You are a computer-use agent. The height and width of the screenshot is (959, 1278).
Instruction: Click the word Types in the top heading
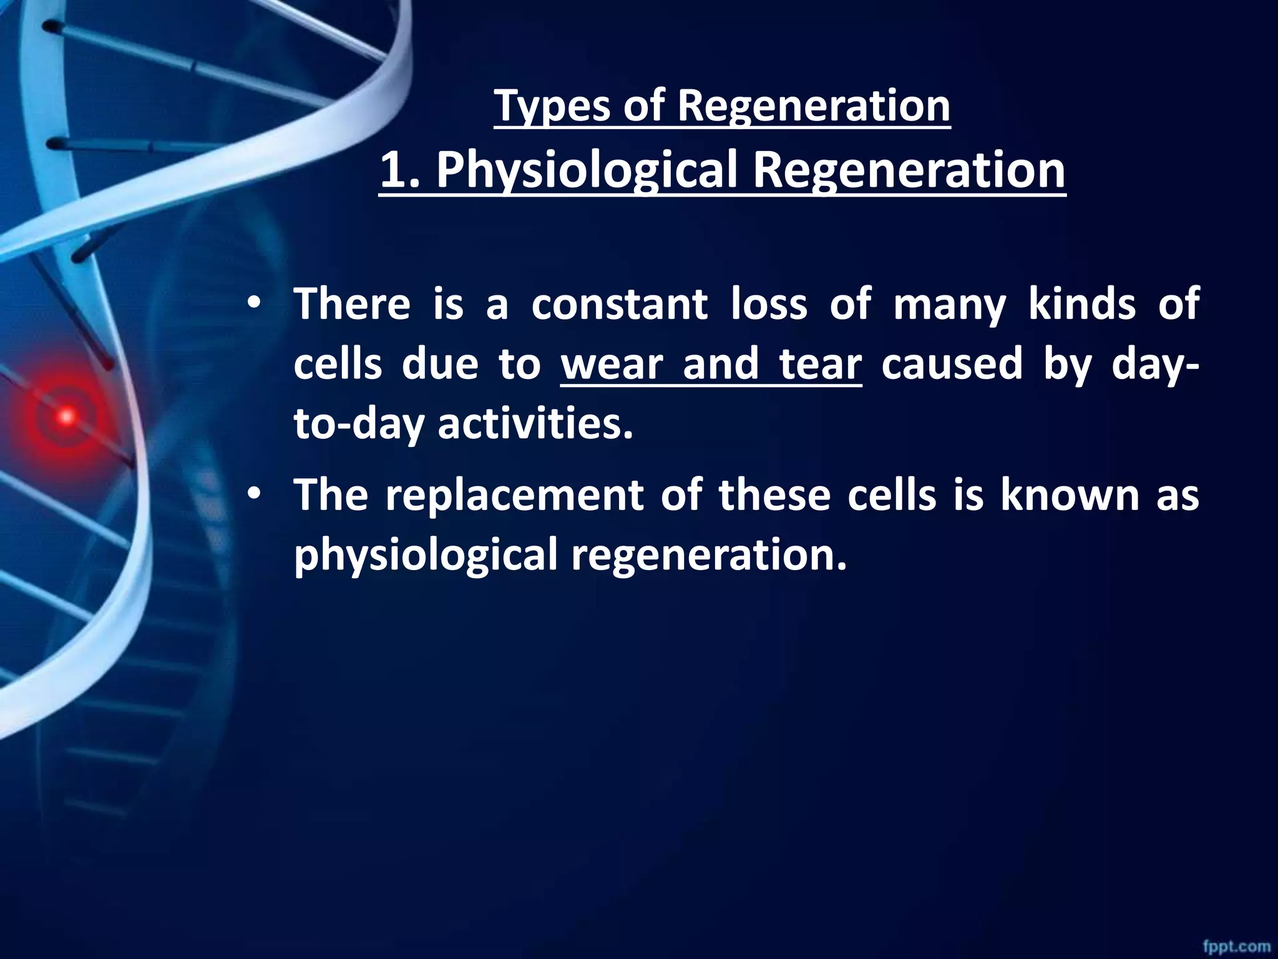[x=552, y=106]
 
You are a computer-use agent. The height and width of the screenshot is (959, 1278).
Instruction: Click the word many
[x=949, y=306]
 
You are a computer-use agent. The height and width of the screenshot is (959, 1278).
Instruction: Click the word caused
[x=952, y=365]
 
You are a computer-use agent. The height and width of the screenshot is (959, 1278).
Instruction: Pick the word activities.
[x=535, y=425]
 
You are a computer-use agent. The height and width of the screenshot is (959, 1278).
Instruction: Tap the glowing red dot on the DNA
[x=66, y=416]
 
